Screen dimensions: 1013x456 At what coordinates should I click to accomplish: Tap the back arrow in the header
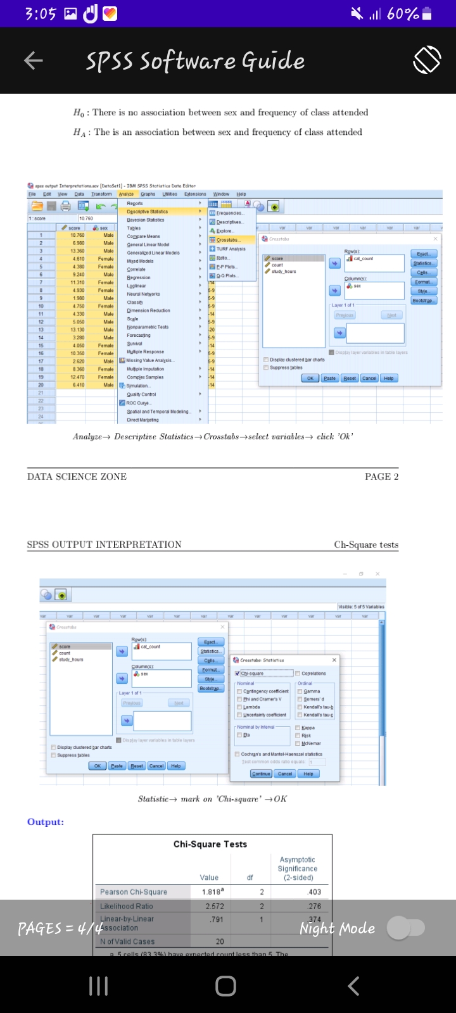pos(34,61)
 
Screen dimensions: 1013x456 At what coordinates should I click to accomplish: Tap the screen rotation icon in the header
pos(427,61)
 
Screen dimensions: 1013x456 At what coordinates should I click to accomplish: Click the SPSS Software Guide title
pos(195,61)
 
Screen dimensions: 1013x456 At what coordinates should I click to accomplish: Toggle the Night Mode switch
pos(406,928)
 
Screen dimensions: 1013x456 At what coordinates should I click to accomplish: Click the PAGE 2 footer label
pos(381,477)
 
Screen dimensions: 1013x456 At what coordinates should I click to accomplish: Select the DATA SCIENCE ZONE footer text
pos(77,477)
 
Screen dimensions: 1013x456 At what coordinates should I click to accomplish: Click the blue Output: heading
pos(46,822)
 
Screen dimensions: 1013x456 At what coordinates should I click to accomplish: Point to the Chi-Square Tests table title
pos(210,844)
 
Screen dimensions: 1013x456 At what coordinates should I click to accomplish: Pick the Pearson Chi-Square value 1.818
pos(210,892)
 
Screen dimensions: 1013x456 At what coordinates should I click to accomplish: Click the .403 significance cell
pos(314,892)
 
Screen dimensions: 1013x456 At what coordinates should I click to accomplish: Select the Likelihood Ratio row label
pos(127,907)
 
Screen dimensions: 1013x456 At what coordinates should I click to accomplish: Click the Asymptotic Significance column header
pos(298,869)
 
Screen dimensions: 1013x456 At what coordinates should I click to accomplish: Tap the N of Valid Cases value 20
pos(220,941)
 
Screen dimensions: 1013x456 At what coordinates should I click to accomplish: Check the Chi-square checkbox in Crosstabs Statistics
pos(237,674)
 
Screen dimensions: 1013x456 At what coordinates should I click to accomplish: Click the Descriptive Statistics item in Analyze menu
pos(148,211)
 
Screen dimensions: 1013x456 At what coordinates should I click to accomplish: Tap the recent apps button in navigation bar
pos(98,986)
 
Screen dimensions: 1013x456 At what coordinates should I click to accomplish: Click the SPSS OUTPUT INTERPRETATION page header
pos(104,544)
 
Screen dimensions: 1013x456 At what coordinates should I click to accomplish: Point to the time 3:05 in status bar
pos(41,14)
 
